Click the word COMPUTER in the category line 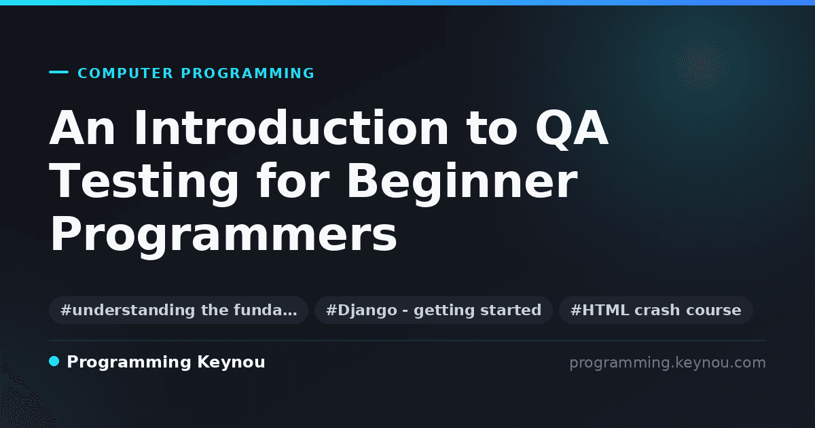(x=125, y=73)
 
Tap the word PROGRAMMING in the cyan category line (x=247, y=73)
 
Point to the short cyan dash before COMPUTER (x=58, y=72)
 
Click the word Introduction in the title (x=291, y=128)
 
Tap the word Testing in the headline (x=144, y=182)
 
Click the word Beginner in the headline (x=463, y=182)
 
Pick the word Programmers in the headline (x=223, y=235)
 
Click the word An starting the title (x=82, y=128)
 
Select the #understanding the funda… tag (x=179, y=310)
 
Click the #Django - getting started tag (x=434, y=310)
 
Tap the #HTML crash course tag (x=655, y=310)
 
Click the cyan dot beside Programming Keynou (x=54, y=361)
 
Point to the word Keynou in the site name (x=231, y=363)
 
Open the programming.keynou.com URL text (x=668, y=363)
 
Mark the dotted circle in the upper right (x=701, y=65)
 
